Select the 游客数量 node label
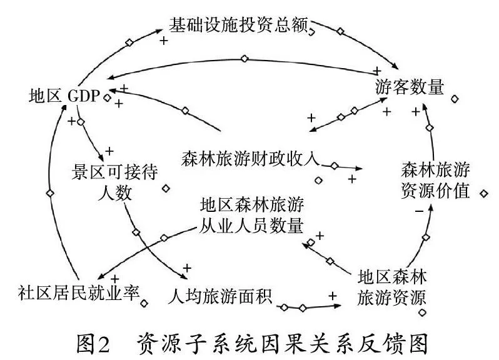(410, 87)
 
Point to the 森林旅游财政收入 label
(249, 158)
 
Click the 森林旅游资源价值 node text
(435, 180)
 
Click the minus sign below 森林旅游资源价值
(418, 211)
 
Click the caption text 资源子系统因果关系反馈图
(281, 341)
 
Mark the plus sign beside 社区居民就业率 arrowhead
(114, 278)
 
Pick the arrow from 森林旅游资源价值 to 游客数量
(429, 128)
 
